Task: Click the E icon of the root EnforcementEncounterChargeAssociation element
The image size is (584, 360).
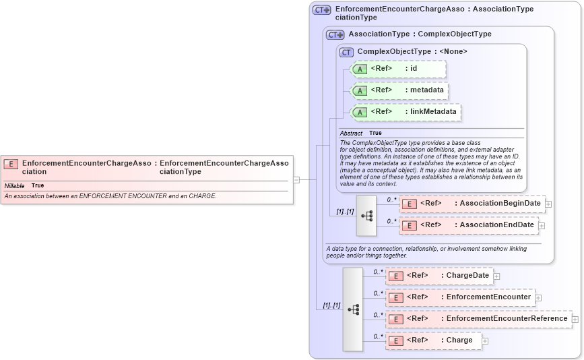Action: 11,163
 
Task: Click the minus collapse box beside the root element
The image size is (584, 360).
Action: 296,179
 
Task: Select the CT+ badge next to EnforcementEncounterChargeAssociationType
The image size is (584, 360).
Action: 322,10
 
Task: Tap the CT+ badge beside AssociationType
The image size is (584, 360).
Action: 335,34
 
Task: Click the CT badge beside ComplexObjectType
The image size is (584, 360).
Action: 346,52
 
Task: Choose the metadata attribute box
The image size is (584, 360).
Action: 400,90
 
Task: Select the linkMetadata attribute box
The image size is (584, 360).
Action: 406,112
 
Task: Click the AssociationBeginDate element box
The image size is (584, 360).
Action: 472,204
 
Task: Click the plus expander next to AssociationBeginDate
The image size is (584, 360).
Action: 549,204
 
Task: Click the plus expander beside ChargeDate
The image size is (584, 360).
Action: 496,276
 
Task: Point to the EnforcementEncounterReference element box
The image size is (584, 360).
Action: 479,319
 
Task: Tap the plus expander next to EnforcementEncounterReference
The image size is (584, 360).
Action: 575,319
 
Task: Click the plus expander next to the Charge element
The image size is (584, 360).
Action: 485,341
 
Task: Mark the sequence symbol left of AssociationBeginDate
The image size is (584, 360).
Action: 366,216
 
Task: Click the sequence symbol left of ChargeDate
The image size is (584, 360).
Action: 353,309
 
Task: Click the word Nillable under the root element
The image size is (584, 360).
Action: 15,185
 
